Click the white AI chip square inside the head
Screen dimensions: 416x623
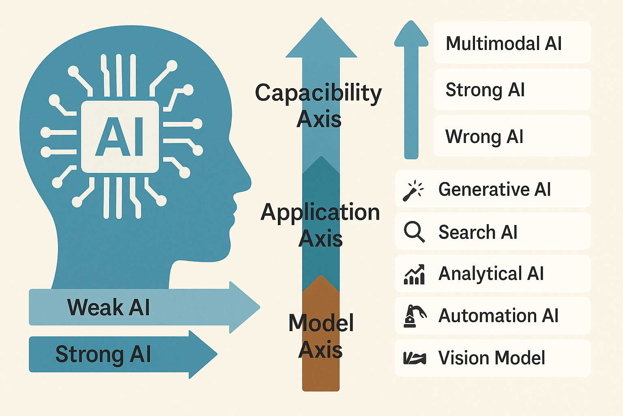120,136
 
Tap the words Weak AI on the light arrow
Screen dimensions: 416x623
108,307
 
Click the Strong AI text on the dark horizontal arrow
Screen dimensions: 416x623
103,354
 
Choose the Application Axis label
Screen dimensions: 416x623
320,225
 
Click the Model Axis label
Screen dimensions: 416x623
321,336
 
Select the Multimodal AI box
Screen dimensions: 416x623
511,43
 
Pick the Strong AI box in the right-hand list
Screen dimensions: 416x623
511,89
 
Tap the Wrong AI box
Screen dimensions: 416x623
511,136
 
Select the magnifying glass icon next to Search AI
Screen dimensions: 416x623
414,232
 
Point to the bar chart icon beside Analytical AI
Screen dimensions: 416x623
414,274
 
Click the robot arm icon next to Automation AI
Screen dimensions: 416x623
414,316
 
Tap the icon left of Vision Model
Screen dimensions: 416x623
414,358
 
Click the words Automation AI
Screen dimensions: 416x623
498,316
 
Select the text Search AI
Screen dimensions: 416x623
478,232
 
